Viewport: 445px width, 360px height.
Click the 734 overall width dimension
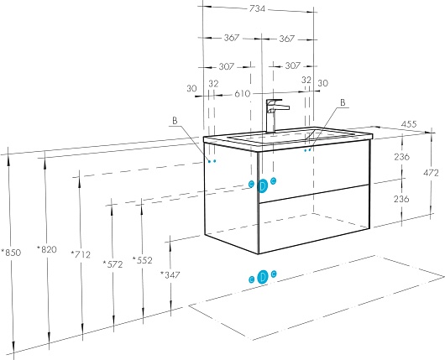[x=257, y=8]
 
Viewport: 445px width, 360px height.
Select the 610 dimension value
[x=243, y=93]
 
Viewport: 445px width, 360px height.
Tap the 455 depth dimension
[x=409, y=124]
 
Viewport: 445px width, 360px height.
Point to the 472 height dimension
[x=431, y=173]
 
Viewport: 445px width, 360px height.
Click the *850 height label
[x=11, y=253]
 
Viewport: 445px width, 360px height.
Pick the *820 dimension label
[x=47, y=249]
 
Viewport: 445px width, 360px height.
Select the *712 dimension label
[x=81, y=254]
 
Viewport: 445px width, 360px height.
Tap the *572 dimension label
[x=113, y=264]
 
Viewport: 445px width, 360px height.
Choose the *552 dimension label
[x=143, y=260]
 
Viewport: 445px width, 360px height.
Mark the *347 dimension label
[x=170, y=274]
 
